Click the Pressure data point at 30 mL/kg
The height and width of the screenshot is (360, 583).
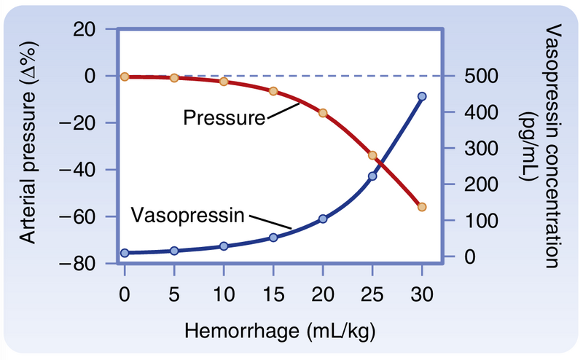[x=422, y=207]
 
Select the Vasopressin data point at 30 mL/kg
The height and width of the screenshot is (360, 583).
[x=422, y=96]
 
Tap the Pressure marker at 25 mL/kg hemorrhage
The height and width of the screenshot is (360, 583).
[x=372, y=155]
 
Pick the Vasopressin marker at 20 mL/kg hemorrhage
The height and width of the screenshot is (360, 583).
[x=323, y=219]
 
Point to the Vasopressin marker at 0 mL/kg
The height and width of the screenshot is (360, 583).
[x=125, y=253]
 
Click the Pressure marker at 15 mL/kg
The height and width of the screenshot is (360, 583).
[x=273, y=91]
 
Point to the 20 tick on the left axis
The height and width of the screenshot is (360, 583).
[x=92, y=29]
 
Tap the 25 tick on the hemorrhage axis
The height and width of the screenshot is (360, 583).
[x=372, y=295]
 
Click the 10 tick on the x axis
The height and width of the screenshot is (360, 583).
[x=224, y=295]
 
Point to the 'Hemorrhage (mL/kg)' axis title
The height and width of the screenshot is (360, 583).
[x=273, y=332]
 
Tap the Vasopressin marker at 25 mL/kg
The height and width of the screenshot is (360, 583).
[x=372, y=176]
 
